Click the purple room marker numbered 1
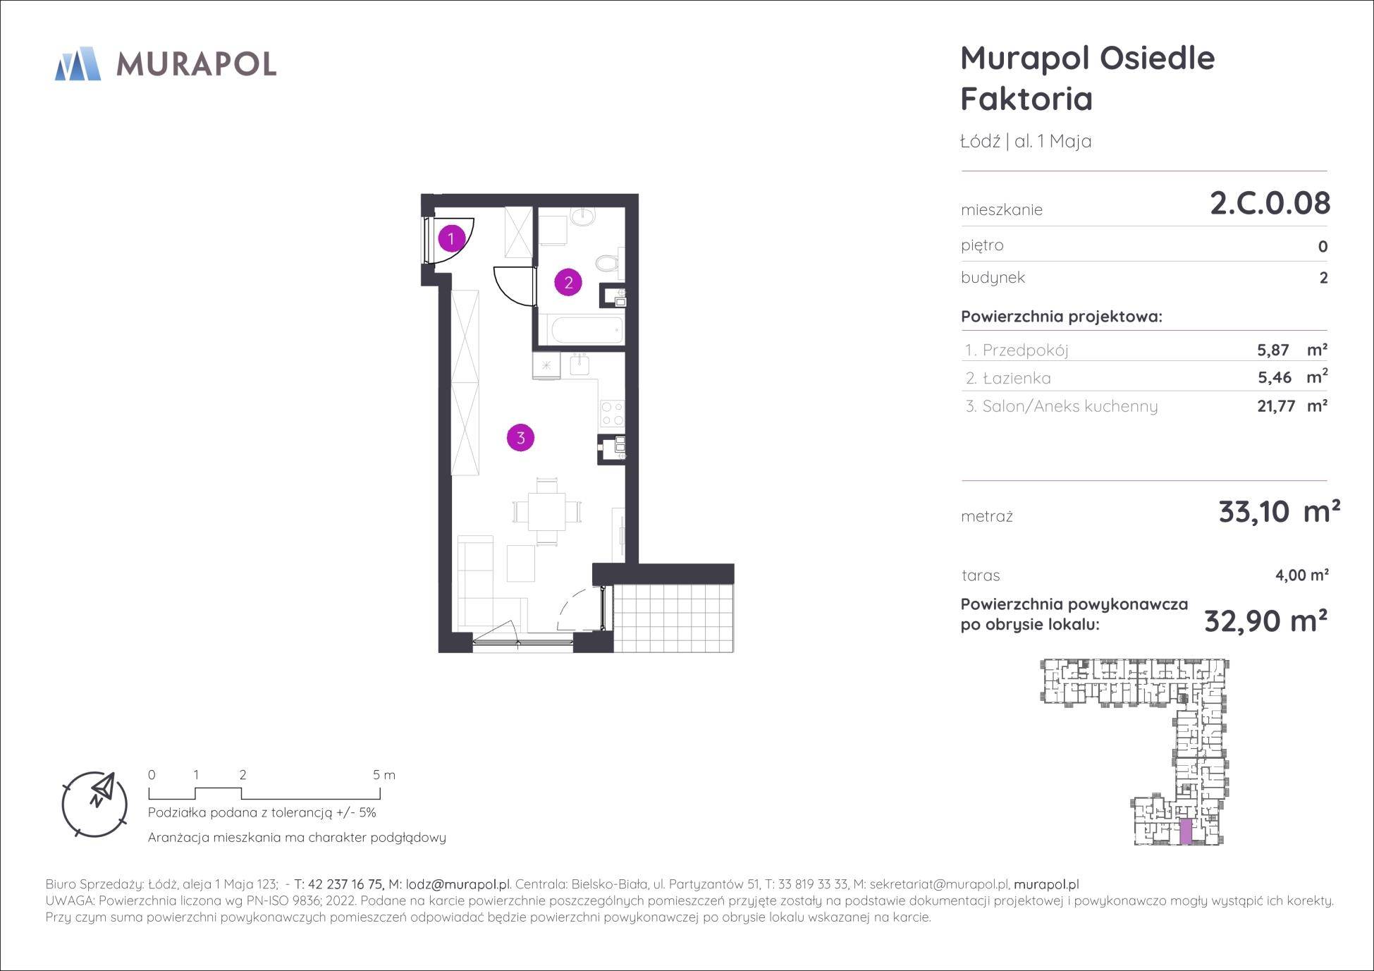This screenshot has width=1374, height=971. tap(451, 238)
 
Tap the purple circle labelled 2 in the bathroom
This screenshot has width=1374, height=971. tap(568, 283)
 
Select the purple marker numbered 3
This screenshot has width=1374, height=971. tap(520, 437)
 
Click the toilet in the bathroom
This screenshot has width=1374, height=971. tap(608, 265)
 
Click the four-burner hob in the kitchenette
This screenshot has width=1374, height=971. tap(611, 413)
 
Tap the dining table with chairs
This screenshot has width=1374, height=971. tap(547, 511)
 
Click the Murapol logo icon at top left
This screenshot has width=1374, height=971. tap(78, 63)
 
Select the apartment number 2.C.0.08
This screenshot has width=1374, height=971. tap(1270, 203)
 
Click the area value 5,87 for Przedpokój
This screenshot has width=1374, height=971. tap(1273, 350)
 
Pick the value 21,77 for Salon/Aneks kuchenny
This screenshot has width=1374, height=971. tap(1276, 406)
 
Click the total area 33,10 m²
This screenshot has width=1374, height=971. tap(1280, 512)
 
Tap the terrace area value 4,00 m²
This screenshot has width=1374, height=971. tap(1302, 575)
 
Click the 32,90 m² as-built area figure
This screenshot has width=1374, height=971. tap(1266, 621)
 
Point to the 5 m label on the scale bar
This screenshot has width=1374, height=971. tap(384, 775)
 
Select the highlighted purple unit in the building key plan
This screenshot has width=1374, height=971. tap(1186, 832)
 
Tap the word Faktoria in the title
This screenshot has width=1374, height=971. tap(1026, 99)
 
